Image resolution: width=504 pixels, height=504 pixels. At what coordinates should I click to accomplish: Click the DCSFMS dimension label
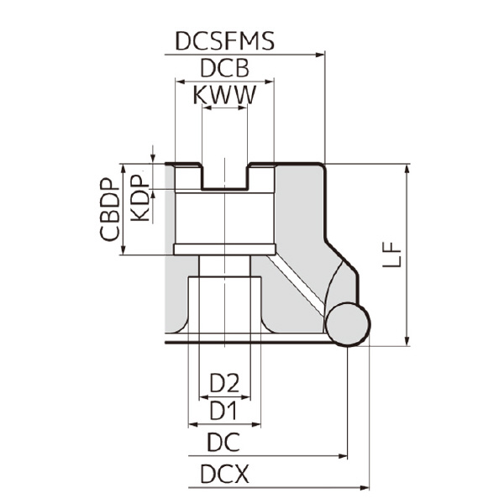tap(224, 41)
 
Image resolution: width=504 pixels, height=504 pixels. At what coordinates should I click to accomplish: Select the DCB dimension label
tap(224, 69)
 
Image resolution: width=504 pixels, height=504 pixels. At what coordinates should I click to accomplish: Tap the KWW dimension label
tap(224, 96)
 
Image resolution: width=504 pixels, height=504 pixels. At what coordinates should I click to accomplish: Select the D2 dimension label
tap(224, 384)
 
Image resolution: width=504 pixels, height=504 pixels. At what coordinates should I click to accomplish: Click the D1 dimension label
tap(223, 411)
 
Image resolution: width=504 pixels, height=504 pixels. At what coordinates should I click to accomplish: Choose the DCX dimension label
tap(224, 475)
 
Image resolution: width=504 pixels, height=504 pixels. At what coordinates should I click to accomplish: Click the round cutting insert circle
tap(347, 324)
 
